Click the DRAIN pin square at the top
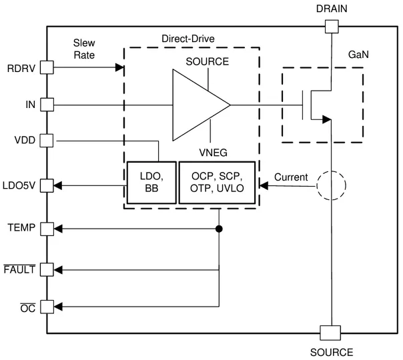[x=331, y=27]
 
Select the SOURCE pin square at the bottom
[x=331, y=332]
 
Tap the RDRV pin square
[x=47, y=67]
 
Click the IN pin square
[x=47, y=105]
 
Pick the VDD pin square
[x=47, y=141]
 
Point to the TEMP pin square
[x=47, y=229]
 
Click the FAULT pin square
[x=47, y=269]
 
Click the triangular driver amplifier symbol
[x=197, y=105]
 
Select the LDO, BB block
[x=152, y=182]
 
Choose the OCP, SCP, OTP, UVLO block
[x=218, y=182]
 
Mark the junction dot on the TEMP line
[x=219, y=229]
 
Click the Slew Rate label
[x=84, y=49]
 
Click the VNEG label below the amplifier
[x=213, y=152]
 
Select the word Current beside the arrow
[x=291, y=177]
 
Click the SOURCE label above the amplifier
[x=208, y=61]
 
